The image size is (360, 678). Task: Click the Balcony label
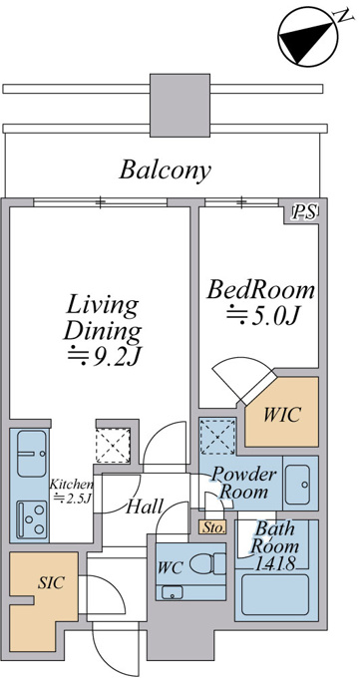tap(166, 170)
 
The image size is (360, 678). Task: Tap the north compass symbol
tap(307, 37)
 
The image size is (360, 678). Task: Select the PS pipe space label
tap(305, 211)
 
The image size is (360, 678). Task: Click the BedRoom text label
tap(260, 290)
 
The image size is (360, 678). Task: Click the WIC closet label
tap(281, 415)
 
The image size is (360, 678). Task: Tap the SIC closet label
tap(50, 582)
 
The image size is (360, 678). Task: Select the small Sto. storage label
tap(212, 527)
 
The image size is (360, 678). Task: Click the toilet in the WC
tap(207, 564)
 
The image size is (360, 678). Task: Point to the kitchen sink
tap(31, 454)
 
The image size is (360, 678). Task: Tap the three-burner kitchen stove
tap(32, 519)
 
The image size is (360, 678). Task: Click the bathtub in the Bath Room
tap(275, 595)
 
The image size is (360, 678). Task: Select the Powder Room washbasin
tap(298, 485)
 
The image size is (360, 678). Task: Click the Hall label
tap(145, 507)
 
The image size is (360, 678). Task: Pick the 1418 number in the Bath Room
tap(274, 563)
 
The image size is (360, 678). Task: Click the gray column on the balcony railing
tap(180, 105)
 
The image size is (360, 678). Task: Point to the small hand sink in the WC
tap(172, 592)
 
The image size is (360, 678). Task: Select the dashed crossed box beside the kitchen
tap(113, 445)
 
